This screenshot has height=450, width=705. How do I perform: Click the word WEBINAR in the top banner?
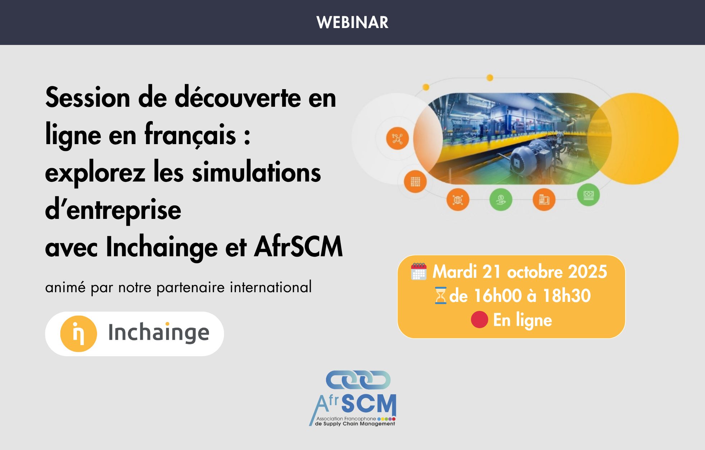pyautogui.click(x=352, y=22)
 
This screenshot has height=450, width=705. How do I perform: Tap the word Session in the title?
pyautogui.click(x=88, y=97)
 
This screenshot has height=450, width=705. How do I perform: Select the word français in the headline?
pyautogui.click(x=190, y=135)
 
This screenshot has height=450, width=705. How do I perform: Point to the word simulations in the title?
pyautogui.click(x=256, y=172)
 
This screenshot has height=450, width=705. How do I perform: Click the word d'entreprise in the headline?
pyautogui.click(x=113, y=210)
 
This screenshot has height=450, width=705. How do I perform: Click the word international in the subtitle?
pyautogui.click(x=271, y=287)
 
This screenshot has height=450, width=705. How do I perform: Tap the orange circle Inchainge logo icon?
pyautogui.click(x=78, y=334)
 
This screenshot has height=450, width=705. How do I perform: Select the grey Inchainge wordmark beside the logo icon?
pyautogui.click(x=159, y=332)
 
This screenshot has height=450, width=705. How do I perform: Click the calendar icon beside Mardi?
pyautogui.click(x=419, y=271)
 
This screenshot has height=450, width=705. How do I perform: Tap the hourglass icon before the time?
pyautogui.click(x=440, y=295)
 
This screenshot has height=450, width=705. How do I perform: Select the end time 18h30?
pyautogui.click(x=567, y=295)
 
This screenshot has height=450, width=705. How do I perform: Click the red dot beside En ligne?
pyautogui.click(x=479, y=320)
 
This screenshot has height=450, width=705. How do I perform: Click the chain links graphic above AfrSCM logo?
pyautogui.click(x=358, y=380)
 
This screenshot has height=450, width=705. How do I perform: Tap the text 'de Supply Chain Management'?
pyautogui.click(x=355, y=424)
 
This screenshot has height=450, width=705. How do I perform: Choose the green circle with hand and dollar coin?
pyautogui.click(x=500, y=199)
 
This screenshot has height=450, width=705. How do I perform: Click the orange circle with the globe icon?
pyautogui.click(x=458, y=199)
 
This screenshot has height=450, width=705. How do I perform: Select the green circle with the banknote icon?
pyautogui.click(x=588, y=195)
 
